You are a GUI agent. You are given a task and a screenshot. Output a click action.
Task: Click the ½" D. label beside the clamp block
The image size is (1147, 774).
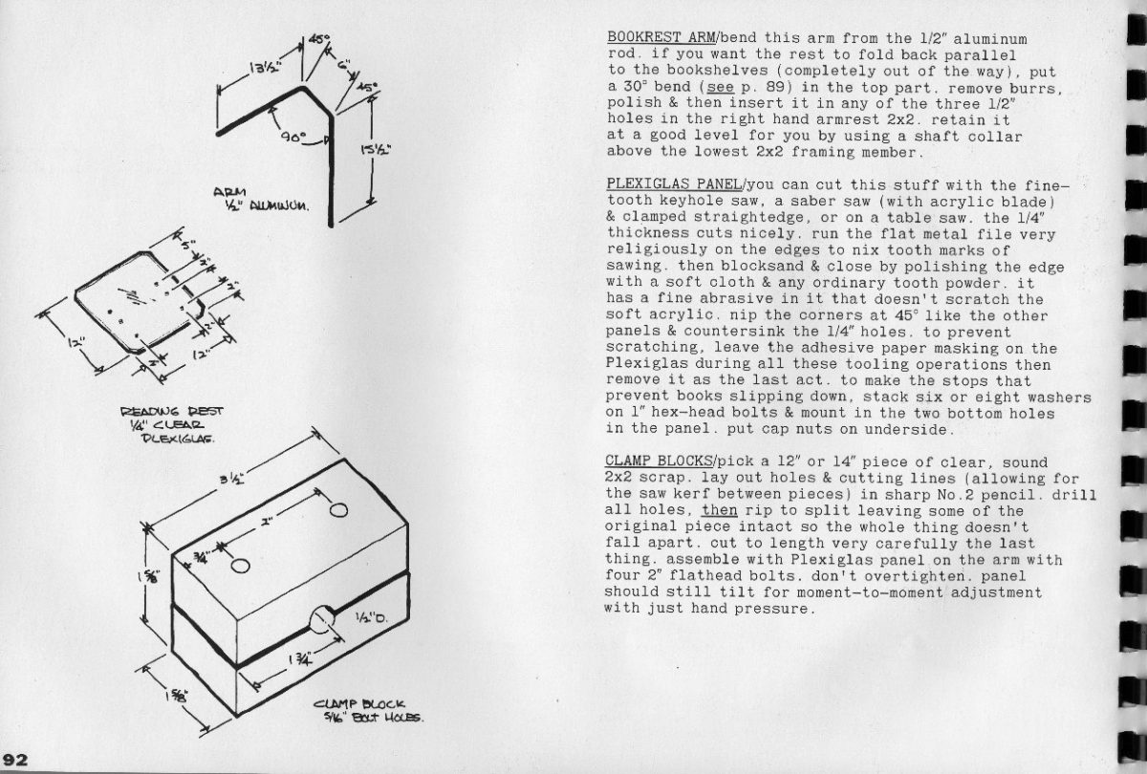(369, 617)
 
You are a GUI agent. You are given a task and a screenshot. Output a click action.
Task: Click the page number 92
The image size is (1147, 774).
(16, 761)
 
